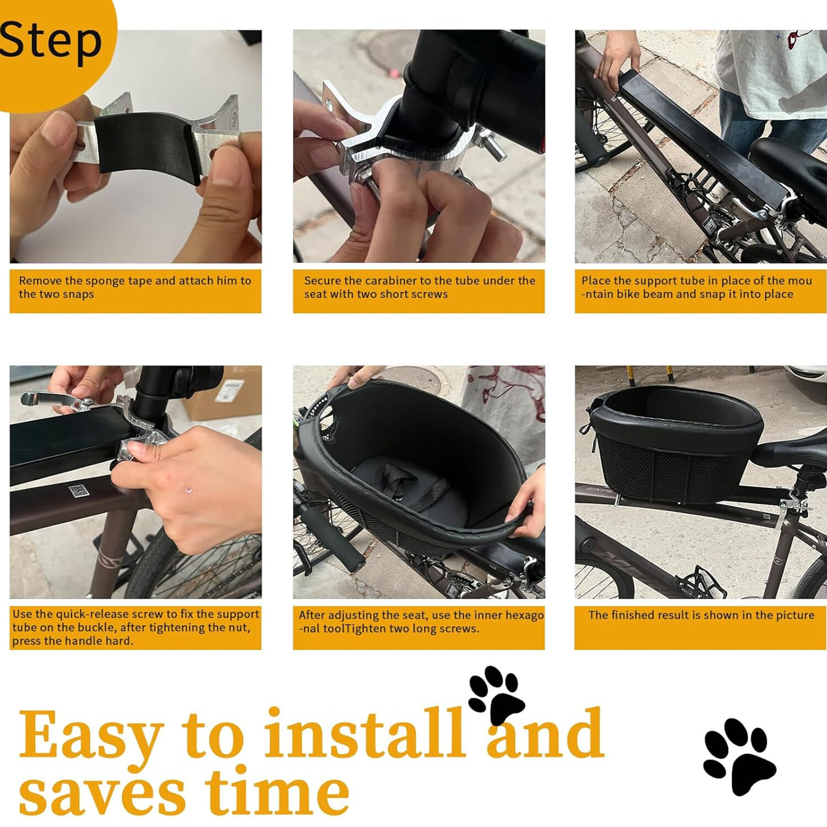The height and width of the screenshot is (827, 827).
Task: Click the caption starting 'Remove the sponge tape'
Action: [135, 287]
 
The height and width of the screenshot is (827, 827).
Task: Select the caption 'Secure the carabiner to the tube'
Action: [419, 287]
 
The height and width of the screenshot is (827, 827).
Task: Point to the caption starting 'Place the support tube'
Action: [696, 287]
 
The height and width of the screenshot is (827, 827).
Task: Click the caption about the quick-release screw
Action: [135, 627]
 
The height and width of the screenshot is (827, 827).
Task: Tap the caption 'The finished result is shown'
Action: [701, 615]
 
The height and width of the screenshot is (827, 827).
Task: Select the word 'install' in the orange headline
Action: [364, 734]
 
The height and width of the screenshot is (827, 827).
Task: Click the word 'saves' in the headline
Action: [102, 794]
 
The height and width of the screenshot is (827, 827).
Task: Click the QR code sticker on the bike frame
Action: [79, 491]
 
